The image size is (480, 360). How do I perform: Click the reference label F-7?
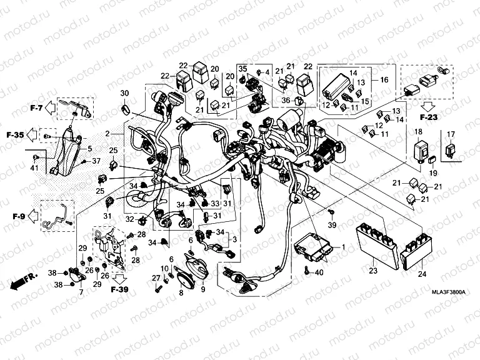pos(36,109)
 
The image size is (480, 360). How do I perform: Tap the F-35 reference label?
pos(16,134)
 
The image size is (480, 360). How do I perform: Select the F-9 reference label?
pos(17,217)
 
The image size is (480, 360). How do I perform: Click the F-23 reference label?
pos(429,116)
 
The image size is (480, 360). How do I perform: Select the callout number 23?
pos(374,271)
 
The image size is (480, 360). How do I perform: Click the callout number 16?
pos(384,81)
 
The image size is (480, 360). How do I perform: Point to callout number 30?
pos(124,93)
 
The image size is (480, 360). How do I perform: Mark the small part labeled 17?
pos(449,150)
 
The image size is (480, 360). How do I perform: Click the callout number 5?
pos(89,149)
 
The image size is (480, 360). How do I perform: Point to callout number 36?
pos(285,99)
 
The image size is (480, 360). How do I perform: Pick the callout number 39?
pos(332,224)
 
